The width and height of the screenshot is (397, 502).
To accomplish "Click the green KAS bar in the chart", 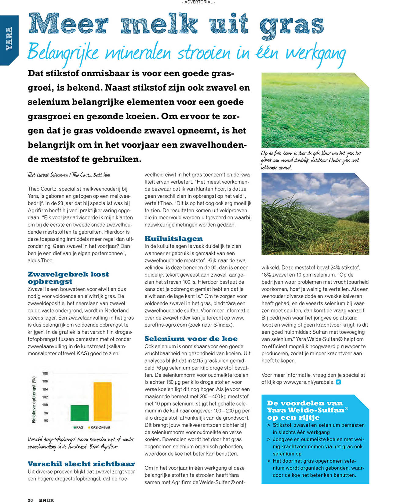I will point(79,413).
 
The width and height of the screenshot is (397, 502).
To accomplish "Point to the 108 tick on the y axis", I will point(45,373).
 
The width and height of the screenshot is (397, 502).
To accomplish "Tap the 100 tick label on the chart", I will point(45,405).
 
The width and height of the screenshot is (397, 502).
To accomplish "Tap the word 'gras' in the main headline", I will point(291,24).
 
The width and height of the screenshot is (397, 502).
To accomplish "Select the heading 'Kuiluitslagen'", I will point(173,238).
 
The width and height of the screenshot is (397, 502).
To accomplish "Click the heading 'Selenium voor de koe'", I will point(191,339).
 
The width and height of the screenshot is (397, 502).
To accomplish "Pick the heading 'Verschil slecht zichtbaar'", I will point(81,464).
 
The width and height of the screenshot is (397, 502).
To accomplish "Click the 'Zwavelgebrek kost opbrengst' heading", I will point(68,278).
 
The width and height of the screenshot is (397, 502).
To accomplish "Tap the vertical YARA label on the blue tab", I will point(9,38).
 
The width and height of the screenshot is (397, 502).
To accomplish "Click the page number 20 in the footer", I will point(30,500).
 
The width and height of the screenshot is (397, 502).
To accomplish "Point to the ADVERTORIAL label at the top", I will point(198,2).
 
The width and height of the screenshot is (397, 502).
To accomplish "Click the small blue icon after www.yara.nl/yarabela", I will point(338,382).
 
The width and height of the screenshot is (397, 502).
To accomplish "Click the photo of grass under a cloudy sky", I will point(315,213).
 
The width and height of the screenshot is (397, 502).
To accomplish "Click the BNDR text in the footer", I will point(46,500).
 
